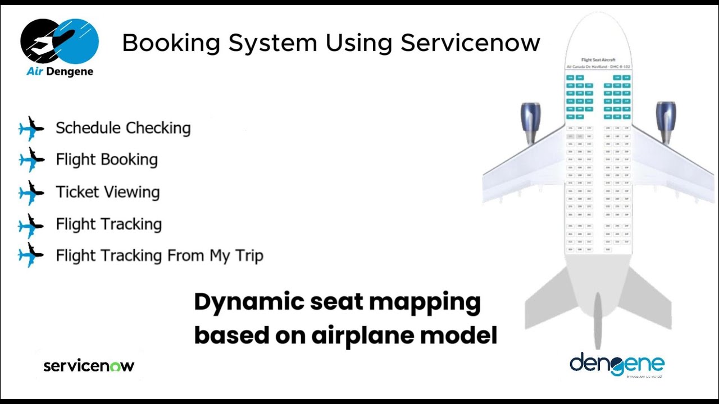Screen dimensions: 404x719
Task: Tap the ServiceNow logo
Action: [89, 366]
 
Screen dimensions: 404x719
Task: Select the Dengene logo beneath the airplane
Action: [617, 365]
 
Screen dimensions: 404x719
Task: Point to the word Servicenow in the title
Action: [470, 43]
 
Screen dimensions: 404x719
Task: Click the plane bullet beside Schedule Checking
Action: [31, 128]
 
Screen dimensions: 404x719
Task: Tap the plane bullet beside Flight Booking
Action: [31, 160]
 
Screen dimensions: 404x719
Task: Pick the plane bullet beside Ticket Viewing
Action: [31, 192]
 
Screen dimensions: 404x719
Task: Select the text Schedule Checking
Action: [123, 128]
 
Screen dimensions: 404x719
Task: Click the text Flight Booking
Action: [107, 160]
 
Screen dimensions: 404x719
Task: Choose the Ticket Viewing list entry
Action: [108, 192]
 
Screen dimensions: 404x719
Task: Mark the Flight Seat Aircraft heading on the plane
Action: [598, 59]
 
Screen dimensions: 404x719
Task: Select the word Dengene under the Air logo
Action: [71, 72]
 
